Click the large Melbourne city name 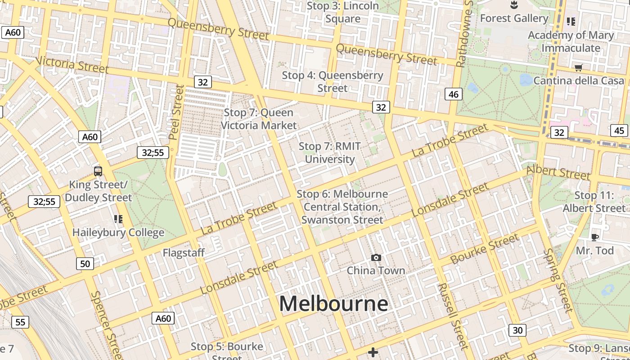point(333,304)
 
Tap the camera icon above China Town point(376,258)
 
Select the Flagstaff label point(184,253)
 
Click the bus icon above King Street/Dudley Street point(98,171)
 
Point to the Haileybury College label point(118,233)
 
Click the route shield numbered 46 point(454,94)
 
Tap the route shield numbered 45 point(619,130)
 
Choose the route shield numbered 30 point(517,330)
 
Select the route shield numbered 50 point(85,264)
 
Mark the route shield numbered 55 point(20,322)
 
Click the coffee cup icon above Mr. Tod point(595,237)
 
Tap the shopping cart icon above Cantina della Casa point(578,68)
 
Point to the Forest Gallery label point(514,18)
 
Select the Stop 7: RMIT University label point(330,153)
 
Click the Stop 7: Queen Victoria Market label point(259,119)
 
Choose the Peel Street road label point(176,112)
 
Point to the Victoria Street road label point(72,64)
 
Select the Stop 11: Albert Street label point(594,202)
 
